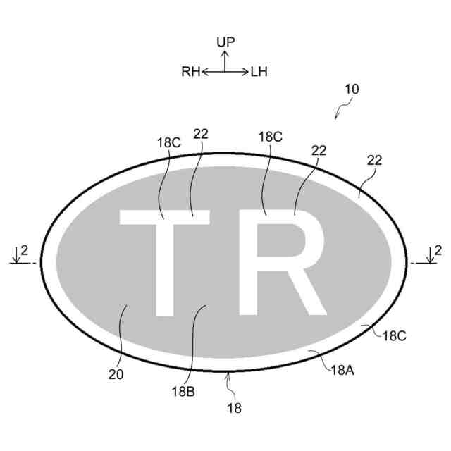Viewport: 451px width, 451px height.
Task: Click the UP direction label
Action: click(225, 42)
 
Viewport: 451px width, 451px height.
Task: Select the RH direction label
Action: click(191, 70)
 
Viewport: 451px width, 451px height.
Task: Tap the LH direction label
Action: click(259, 70)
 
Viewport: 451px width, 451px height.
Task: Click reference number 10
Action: click(351, 89)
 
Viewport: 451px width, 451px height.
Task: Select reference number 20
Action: click(116, 375)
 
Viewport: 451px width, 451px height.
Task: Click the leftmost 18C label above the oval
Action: click(169, 142)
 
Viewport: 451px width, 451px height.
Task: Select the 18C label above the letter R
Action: click(271, 137)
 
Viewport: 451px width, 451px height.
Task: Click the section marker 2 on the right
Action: click(438, 250)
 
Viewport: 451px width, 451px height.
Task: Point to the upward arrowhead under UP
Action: click(225, 54)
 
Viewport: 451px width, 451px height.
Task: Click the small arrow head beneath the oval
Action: click(227, 379)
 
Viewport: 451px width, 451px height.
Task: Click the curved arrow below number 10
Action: click(344, 109)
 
